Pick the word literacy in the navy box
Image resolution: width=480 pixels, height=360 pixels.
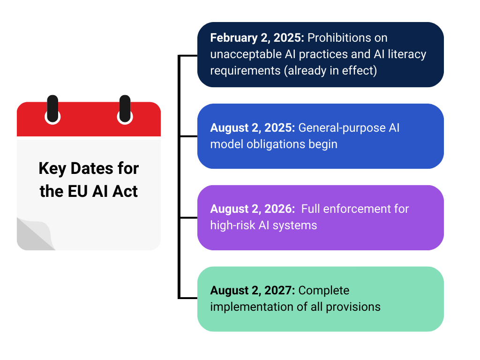(x=407, y=54)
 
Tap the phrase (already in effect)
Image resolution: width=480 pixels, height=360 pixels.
(x=330, y=71)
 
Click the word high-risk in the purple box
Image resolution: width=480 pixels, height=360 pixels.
(x=232, y=225)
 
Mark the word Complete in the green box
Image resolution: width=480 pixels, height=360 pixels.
(x=324, y=291)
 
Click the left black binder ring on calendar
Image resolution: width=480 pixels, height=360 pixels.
(x=52, y=108)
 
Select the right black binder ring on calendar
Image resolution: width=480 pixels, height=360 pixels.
(x=125, y=108)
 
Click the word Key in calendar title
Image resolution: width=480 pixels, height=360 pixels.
(x=52, y=169)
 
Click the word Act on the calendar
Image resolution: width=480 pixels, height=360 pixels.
(x=125, y=192)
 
